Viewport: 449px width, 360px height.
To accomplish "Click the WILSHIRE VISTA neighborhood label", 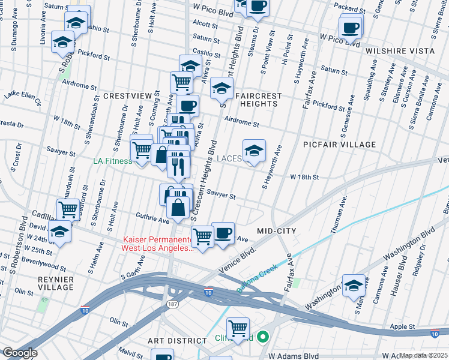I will pos(400,51).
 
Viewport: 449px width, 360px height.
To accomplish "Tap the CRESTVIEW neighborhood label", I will pos(127,96).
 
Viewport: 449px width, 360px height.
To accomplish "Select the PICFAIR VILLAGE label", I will pos(340,145).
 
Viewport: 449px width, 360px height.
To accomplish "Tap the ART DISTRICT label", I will pos(177,341).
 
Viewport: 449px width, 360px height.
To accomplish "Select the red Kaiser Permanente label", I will pos(157,243).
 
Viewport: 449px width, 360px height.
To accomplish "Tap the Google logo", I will pos(20,353).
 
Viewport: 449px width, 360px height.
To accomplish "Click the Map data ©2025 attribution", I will pos(423,355).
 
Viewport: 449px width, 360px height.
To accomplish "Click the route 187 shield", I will pos(172,305).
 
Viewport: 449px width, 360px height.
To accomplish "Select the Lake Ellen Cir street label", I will pos(22,98).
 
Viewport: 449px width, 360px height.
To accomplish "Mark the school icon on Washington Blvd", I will pos(354,285).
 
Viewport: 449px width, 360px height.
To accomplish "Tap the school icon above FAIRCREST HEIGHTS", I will pos(221,88).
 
